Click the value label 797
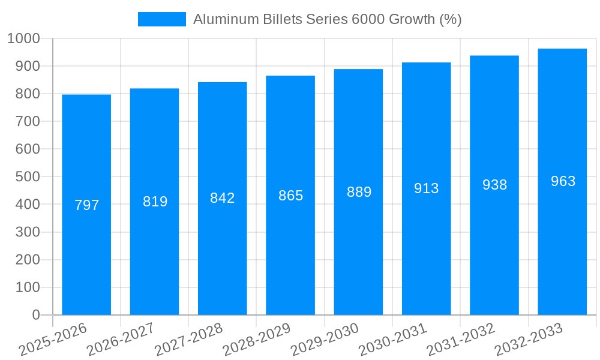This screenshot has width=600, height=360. click(x=86, y=205)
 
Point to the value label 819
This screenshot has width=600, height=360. click(x=155, y=202)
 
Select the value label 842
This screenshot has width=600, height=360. click(x=223, y=198)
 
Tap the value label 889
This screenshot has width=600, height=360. click(x=359, y=192)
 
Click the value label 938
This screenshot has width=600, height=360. click(x=494, y=185)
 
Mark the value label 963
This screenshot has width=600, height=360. click(x=563, y=181)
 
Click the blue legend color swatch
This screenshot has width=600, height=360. click(x=162, y=19)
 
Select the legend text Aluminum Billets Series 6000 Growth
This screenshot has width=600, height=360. click(x=327, y=19)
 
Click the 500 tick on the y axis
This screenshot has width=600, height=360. click(x=28, y=177)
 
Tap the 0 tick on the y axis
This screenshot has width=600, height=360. click(x=35, y=315)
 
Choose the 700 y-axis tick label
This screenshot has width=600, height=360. click(x=28, y=121)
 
